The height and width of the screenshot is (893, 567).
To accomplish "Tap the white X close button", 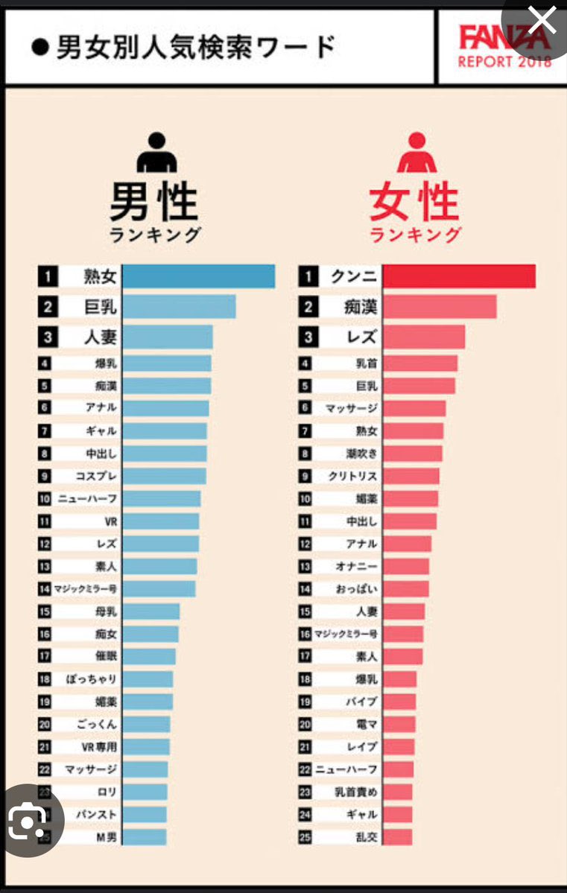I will coord(540,22).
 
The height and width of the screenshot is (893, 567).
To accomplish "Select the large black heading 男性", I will coord(154,202).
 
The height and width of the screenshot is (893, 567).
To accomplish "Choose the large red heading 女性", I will coord(415,202).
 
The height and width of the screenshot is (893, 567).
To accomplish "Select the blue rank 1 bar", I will coord(198,277).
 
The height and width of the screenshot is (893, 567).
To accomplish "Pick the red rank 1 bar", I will coord(459,276).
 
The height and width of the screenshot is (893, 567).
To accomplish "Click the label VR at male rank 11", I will coord(110,521).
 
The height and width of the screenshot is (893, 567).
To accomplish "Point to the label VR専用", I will coord(99,746).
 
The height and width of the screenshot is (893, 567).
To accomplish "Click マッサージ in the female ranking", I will coord(352,408).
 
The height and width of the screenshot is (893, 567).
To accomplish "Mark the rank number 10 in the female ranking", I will coord(305,498).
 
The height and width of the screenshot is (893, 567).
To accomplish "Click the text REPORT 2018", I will coord(505,62).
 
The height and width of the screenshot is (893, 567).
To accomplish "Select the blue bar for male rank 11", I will coord(160,521).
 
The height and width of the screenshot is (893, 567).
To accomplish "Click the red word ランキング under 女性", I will coord(415,235).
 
